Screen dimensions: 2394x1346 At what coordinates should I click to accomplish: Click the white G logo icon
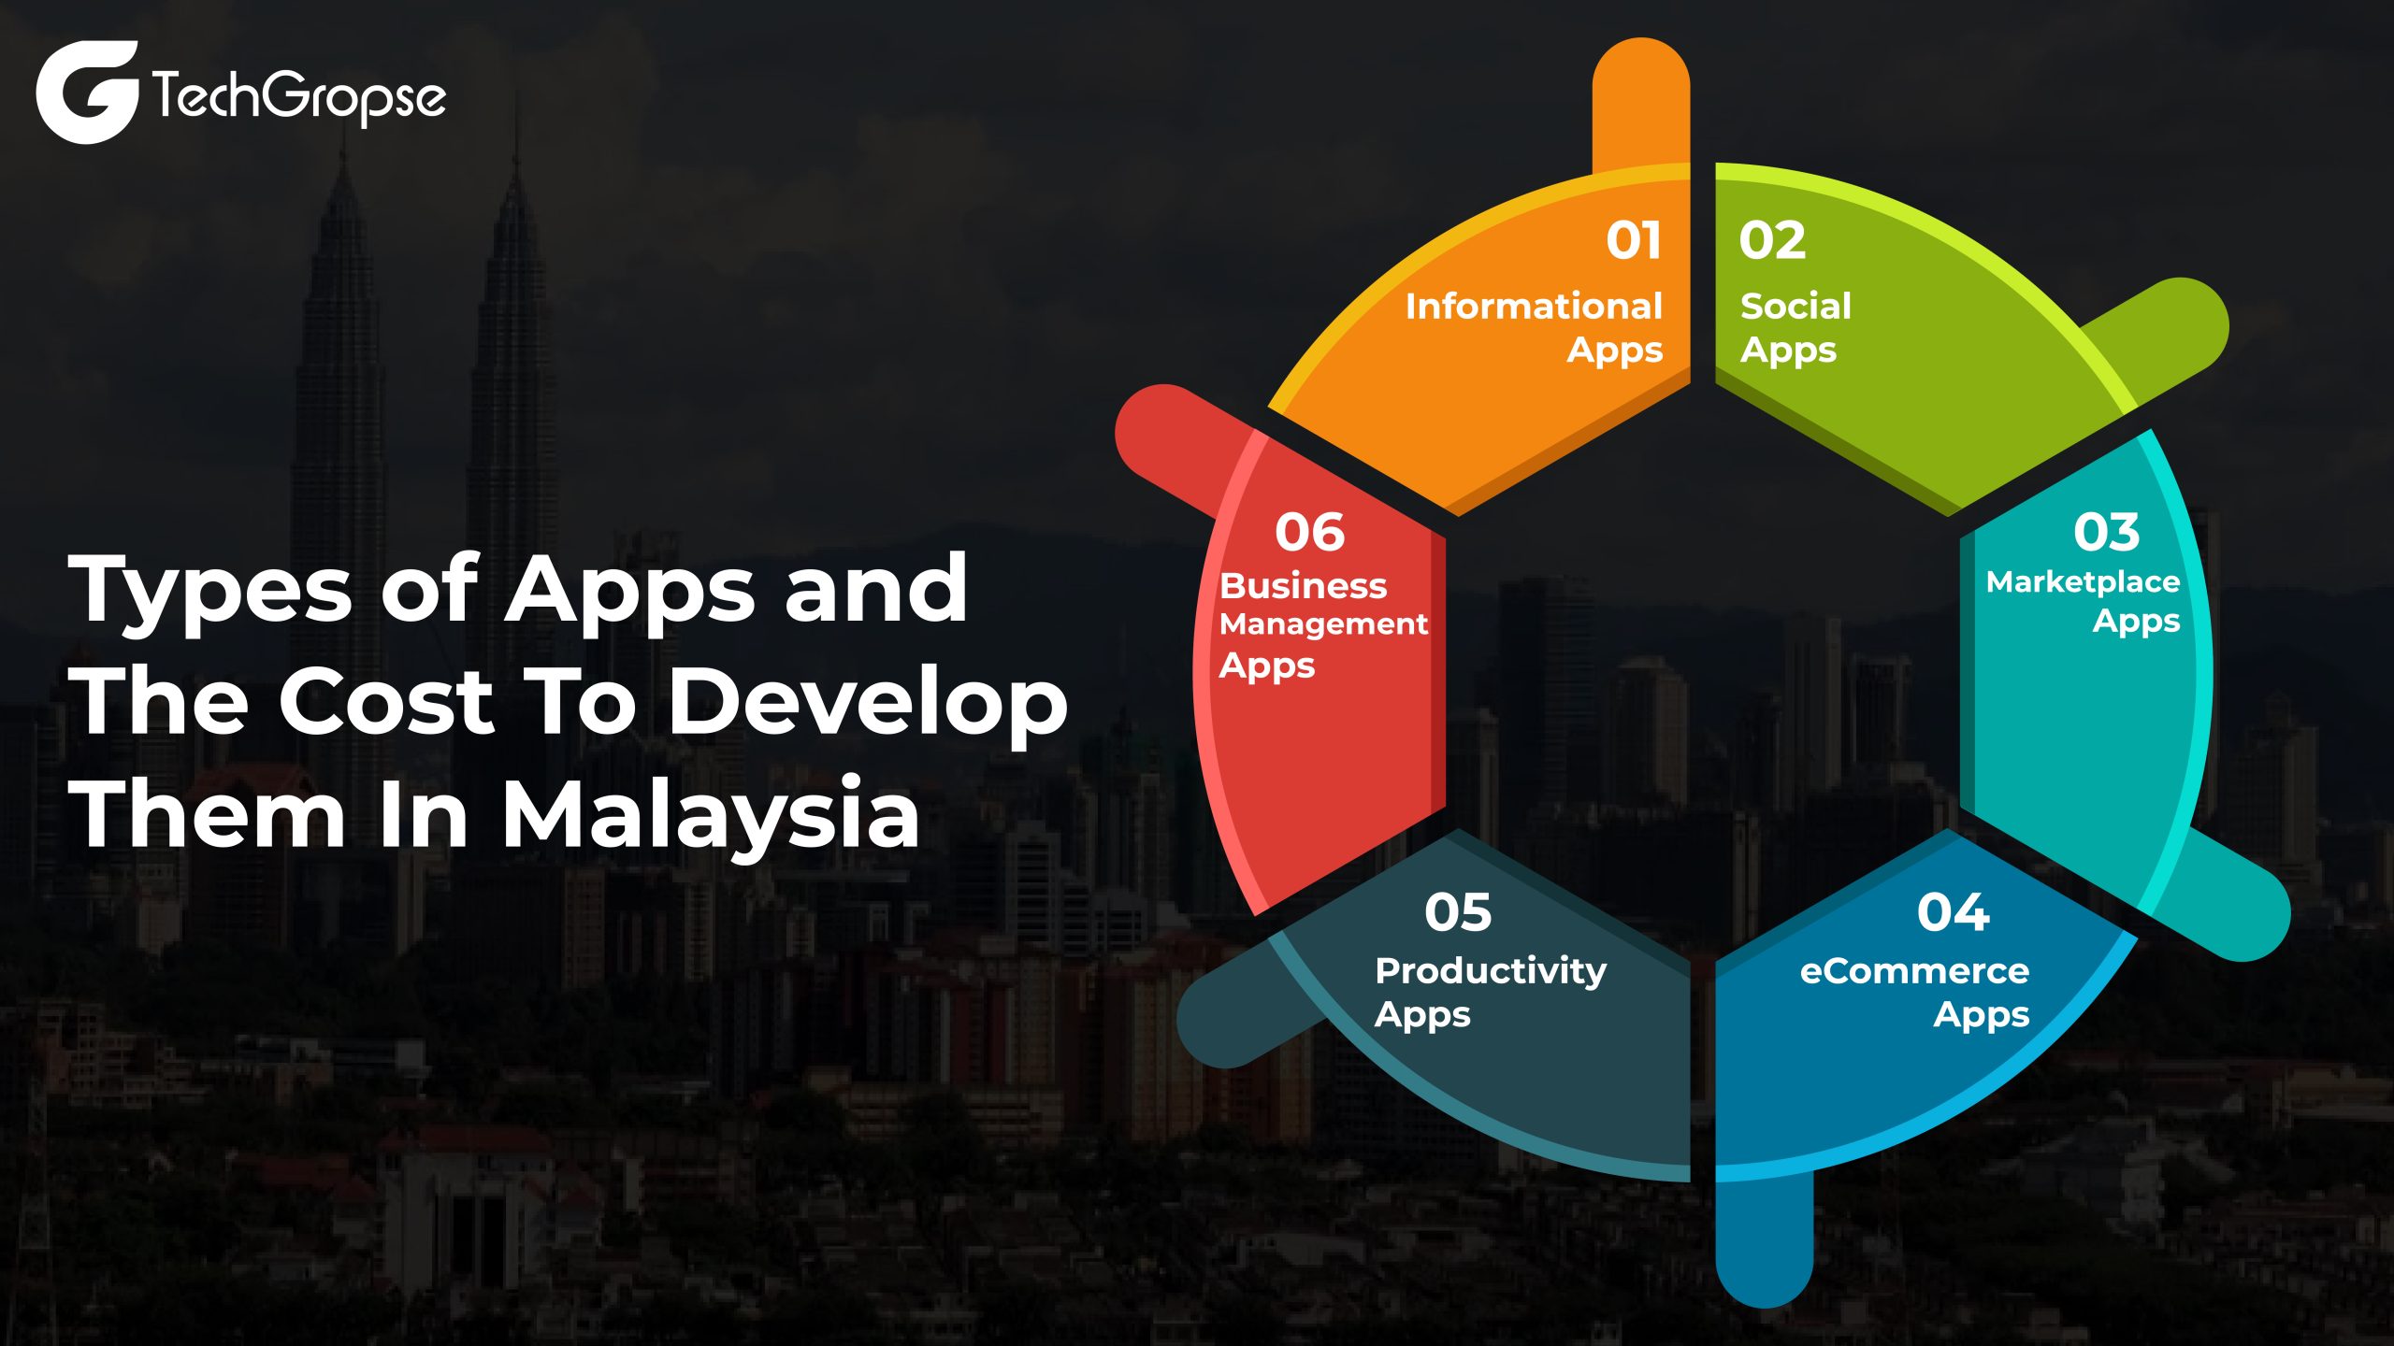point(87,92)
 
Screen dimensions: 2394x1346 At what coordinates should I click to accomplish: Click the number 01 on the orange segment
point(1634,241)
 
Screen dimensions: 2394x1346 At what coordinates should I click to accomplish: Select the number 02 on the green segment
point(1772,241)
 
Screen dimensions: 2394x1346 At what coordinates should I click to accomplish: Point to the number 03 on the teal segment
point(2106,532)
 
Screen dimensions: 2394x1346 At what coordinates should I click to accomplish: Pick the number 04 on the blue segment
point(1953,912)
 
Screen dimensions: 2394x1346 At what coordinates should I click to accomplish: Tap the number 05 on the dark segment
point(1458,912)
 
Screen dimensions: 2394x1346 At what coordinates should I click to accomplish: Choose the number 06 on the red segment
point(1309,532)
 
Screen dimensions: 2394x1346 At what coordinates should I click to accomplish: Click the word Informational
point(1534,307)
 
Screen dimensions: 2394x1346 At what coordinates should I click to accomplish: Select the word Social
point(1795,307)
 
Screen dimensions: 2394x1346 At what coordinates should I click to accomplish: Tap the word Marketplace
point(2083,582)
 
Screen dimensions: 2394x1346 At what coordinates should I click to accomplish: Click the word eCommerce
point(1914,971)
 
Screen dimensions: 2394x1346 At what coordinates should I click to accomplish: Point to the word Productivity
point(1491,972)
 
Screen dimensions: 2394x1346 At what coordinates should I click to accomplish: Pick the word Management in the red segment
point(1323,624)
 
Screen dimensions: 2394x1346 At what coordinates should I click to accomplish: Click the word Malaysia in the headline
point(711,814)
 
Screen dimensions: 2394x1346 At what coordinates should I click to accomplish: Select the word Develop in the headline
point(868,702)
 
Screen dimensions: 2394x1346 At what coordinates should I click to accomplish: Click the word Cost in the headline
point(386,702)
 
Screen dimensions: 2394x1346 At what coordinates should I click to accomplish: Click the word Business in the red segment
point(1303,586)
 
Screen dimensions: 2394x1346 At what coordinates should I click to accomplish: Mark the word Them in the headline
point(207,814)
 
